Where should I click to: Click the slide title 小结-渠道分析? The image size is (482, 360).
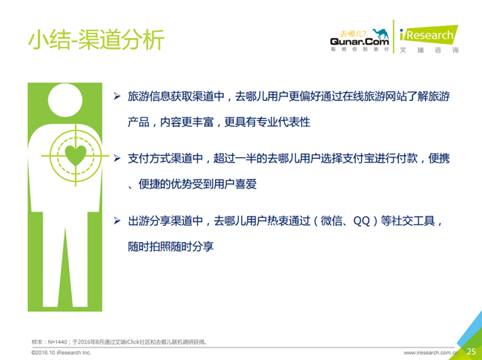point(96,39)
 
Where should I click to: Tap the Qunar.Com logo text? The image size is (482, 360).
point(360,42)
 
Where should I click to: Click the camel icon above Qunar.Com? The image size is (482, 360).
point(380,33)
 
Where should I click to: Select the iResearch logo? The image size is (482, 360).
point(429,35)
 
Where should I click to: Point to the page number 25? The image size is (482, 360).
point(471,351)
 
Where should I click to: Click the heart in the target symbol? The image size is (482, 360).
point(76,155)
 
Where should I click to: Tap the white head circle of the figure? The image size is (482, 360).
point(65,100)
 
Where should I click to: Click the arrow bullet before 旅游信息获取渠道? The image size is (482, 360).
point(117,96)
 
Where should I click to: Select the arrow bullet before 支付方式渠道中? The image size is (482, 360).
point(117,158)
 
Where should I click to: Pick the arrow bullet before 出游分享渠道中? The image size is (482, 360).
point(117,220)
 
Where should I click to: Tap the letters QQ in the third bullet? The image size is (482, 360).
point(362,221)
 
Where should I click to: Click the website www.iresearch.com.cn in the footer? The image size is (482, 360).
point(430,353)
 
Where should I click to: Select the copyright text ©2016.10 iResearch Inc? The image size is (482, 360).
point(61,353)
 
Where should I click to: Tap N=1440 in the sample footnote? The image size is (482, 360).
point(58,342)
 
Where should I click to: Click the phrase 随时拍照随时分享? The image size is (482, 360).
point(171,246)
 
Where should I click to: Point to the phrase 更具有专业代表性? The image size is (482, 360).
point(267,122)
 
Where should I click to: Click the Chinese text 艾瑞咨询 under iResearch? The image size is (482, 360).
point(429,50)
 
